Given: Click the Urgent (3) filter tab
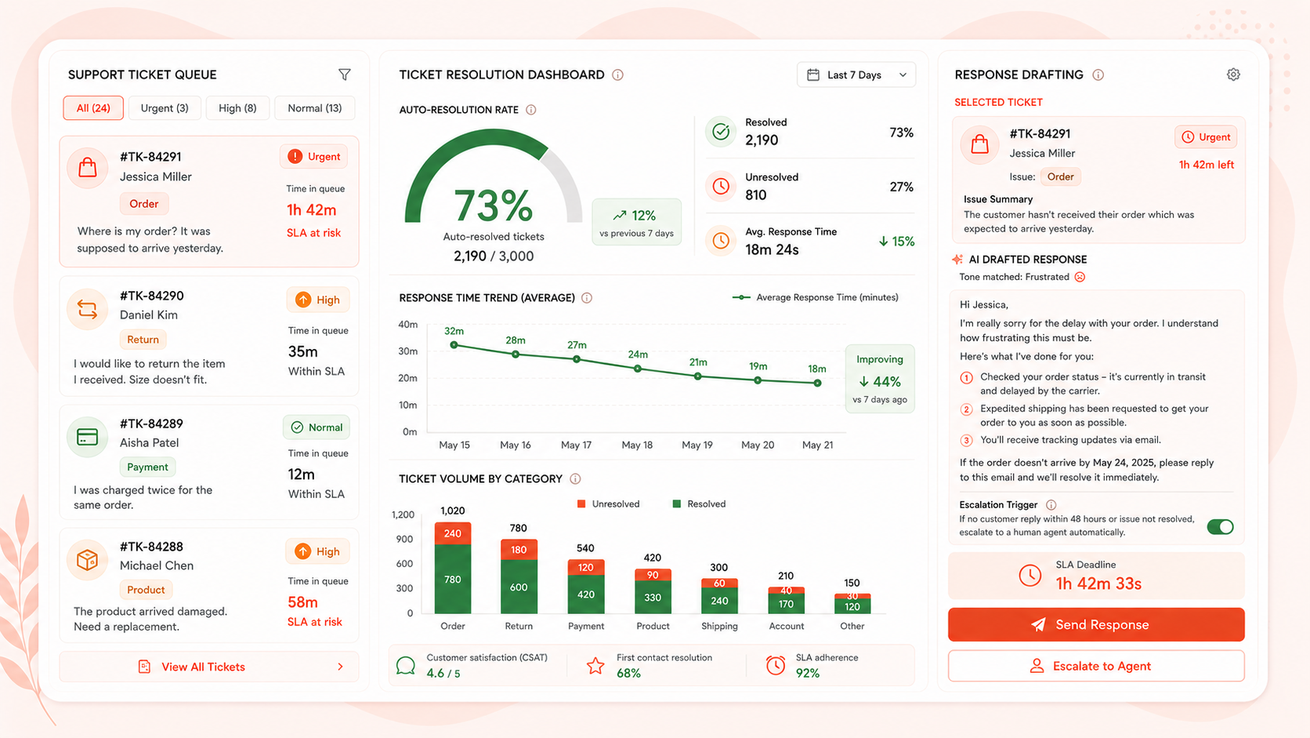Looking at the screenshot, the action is coord(165,108).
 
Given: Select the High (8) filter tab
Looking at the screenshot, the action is coord(237,108).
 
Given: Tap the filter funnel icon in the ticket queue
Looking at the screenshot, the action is coord(345,75).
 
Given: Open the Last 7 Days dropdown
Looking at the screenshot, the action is coord(856,75).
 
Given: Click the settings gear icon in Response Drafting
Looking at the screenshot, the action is coord(1233,75).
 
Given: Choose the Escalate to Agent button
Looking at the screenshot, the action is coord(1096,666).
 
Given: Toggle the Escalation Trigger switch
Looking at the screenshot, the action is coord(1220,527).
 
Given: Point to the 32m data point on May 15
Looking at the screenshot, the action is coord(454,345).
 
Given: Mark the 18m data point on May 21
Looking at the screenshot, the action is coord(818,384).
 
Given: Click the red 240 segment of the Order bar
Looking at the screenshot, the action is coord(453,533).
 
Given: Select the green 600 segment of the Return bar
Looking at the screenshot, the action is coord(519,587).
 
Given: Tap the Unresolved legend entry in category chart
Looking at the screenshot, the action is coord(608,504).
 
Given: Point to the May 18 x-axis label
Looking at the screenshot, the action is coord(637,445).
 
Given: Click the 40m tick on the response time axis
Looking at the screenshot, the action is coord(407,324).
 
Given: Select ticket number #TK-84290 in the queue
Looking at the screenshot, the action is coord(151,296).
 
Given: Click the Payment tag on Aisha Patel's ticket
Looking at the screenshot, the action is coord(147,467).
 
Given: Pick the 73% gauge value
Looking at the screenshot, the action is coord(493,205).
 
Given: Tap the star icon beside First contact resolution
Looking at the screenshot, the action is coord(595,665).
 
